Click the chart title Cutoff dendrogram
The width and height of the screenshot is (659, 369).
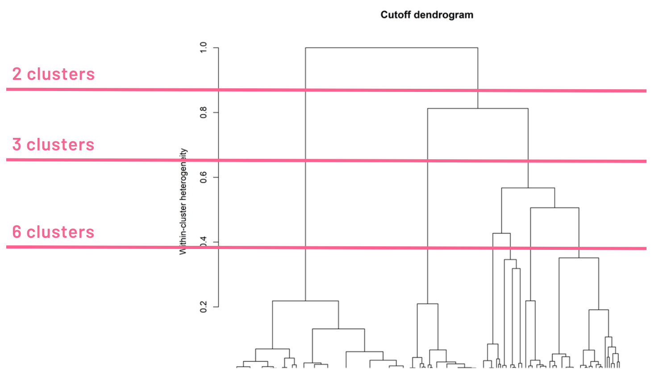(426, 15)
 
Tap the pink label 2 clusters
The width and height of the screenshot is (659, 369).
(54, 74)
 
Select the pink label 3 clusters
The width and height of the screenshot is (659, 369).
(54, 145)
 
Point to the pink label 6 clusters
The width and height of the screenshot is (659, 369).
(54, 232)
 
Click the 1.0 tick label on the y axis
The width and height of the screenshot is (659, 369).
(204, 47)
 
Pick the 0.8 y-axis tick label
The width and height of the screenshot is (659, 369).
(204, 112)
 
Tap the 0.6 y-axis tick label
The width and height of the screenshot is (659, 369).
(204, 177)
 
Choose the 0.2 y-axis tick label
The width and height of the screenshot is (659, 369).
(204, 307)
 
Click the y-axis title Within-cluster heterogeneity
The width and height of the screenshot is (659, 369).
(183, 202)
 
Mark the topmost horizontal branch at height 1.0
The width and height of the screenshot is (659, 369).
(391, 48)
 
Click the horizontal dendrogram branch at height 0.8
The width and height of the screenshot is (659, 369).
(478, 108)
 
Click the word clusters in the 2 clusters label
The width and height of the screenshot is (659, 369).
(61, 74)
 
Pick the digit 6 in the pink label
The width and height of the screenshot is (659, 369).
(17, 232)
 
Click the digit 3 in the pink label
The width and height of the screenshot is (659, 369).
(17, 145)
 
